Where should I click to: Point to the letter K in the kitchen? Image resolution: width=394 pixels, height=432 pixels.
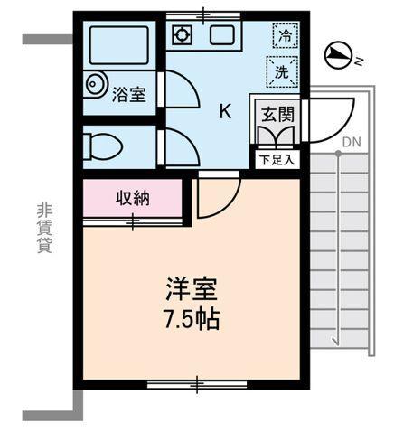pos(225,112)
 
